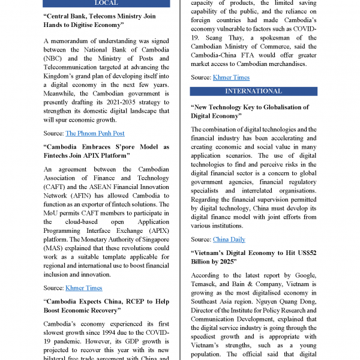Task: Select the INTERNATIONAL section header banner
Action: coord(253,91)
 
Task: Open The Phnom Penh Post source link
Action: coord(95,133)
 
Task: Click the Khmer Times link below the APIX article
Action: coord(83,288)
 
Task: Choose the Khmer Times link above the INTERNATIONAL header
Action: coord(231,77)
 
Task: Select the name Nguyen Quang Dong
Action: coord(278,301)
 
